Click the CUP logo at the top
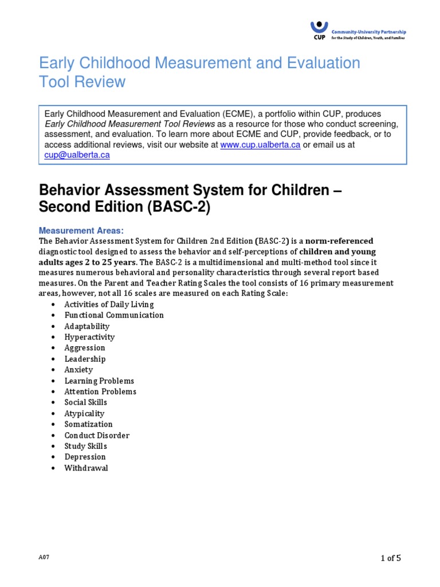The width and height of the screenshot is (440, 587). click(x=319, y=29)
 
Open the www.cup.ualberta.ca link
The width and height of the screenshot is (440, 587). click(x=260, y=145)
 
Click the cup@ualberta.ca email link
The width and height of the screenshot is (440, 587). click(x=77, y=155)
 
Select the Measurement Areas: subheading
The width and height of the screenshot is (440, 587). click(x=81, y=230)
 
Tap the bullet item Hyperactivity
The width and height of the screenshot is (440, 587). click(x=89, y=337)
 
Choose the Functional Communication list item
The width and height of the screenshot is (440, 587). click(x=114, y=315)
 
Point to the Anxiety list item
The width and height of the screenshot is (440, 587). click(x=78, y=370)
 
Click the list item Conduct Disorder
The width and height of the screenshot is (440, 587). click(x=97, y=435)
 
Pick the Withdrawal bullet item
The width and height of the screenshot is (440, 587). click(x=86, y=468)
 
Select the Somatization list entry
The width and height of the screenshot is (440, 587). click(x=88, y=424)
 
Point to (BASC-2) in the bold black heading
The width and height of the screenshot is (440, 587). click(x=179, y=207)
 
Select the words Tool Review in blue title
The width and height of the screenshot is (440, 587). click(x=82, y=82)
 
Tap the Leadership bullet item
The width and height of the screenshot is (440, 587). click(x=85, y=359)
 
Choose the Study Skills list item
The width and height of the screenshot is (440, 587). click(x=85, y=446)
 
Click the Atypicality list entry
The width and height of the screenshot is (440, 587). click(x=84, y=413)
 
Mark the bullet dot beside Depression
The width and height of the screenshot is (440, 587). click(x=53, y=457)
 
